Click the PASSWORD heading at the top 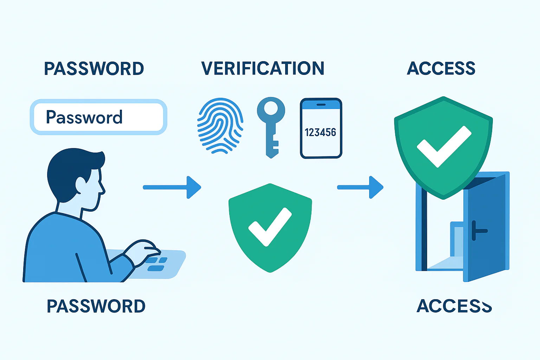[94, 69]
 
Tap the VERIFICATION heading [263, 69]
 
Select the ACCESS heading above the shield [441, 68]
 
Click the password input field [98, 117]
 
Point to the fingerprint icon [220, 126]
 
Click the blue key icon [271, 127]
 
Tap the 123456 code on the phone [320, 133]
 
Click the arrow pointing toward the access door [360, 187]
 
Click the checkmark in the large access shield [444, 146]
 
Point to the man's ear [81, 185]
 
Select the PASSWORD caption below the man [96, 306]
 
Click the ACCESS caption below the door [454, 306]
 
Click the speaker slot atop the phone [321, 105]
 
